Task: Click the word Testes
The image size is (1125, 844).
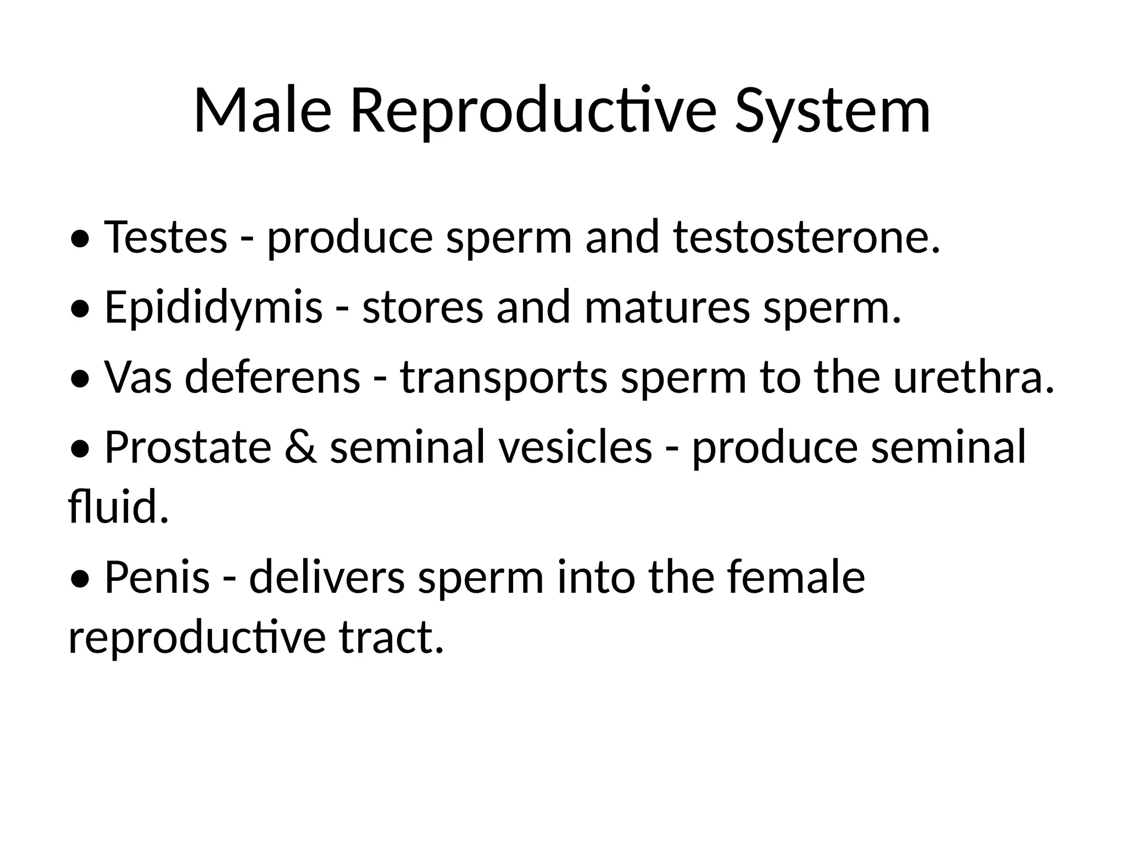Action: tap(165, 237)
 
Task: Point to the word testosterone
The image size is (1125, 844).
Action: tap(806, 237)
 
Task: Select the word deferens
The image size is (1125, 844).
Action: tap(272, 377)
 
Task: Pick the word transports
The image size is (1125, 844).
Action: tap(504, 377)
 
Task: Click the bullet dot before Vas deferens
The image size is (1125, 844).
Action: tap(80, 379)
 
